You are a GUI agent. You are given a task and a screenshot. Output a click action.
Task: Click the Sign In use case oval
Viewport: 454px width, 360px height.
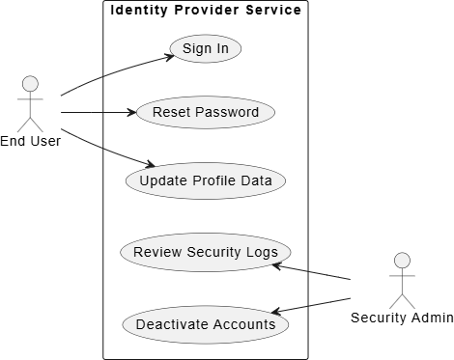(x=206, y=48)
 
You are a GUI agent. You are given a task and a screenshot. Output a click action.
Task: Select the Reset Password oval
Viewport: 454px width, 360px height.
(x=206, y=112)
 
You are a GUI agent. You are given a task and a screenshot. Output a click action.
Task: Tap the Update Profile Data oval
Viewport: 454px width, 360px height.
(x=206, y=180)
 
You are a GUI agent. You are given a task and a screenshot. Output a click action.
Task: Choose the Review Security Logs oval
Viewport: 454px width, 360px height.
(x=206, y=252)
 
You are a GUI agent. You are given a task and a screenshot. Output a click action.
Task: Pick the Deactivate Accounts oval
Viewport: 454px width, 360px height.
(x=206, y=324)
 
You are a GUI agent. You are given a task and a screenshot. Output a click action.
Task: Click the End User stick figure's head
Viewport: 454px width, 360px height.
(x=30, y=84)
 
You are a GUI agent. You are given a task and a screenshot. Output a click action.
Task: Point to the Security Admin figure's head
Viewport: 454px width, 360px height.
(x=402, y=261)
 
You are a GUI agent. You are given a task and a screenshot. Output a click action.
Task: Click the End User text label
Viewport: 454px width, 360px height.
(x=30, y=141)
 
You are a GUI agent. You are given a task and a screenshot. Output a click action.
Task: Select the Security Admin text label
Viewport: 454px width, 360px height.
(x=402, y=318)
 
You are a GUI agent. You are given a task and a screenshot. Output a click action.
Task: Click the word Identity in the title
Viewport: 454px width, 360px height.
(x=139, y=10)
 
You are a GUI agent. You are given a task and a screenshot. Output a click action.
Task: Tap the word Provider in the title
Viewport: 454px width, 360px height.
(x=207, y=10)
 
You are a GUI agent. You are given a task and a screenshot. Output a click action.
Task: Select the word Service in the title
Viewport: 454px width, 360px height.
(x=273, y=10)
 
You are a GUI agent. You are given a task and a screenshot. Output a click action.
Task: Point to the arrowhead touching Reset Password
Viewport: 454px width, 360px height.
(x=132, y=112)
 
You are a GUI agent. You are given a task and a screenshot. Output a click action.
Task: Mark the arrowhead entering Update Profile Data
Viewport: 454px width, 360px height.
(x=151, y=164)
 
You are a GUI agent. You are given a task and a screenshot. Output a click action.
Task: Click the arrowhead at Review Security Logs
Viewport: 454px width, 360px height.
(x=276, y=266)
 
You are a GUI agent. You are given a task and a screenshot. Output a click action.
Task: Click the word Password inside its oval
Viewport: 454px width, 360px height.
(x=227, y=112)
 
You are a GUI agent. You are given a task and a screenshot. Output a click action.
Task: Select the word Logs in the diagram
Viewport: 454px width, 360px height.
(x=262, y=253)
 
